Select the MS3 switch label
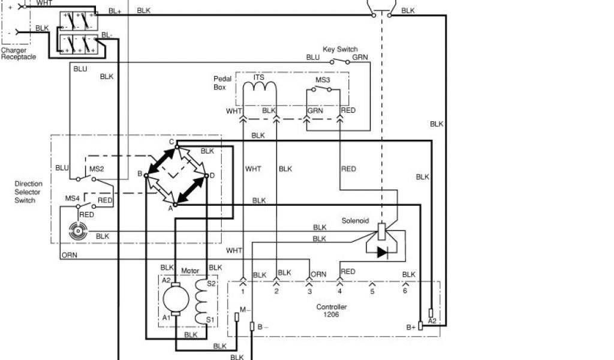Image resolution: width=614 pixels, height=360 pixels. [x=323, y=79]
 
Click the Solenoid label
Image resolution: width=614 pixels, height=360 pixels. [x=356, y=220]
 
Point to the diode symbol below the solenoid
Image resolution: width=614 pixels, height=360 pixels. [x=381, y=252]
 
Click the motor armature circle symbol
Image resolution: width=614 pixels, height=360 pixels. [x=176, y=298]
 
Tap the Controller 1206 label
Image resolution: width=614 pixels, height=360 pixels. [x=332, y=310]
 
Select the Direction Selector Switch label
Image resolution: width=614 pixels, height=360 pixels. [x=28, y=191]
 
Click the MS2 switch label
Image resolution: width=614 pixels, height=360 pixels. [x=97, y=169]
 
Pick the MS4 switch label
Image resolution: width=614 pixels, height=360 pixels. [x=72, y=198]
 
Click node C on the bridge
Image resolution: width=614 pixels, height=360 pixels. [x=171, y=142]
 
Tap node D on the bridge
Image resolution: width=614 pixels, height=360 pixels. [x=211, y=175]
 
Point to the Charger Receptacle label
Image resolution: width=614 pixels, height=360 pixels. [x=18, y=54]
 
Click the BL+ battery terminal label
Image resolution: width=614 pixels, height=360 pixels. [x=115, y=11]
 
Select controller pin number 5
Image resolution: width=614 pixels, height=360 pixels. [x=372, y=292]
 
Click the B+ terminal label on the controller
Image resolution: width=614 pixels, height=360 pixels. [x=411, y=327]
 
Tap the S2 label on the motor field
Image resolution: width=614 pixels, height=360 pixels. [x=210, y=283]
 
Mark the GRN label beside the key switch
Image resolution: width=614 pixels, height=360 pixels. [x=360, y=58]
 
